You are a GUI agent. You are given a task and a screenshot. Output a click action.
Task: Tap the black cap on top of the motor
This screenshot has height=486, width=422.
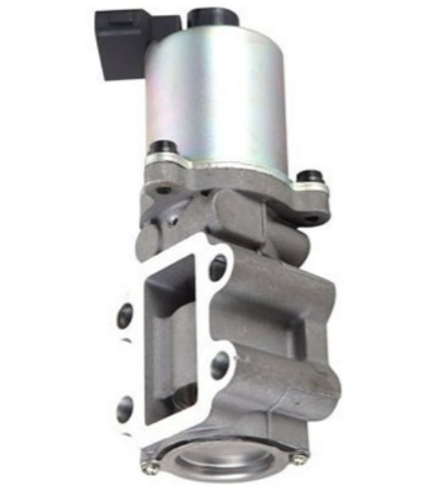click(x=208, y=16)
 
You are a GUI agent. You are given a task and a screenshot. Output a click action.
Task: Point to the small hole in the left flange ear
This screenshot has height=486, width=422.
click(x=163, y=189)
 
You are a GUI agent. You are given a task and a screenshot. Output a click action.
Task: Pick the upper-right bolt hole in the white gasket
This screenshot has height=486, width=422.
click(x=219, y=267)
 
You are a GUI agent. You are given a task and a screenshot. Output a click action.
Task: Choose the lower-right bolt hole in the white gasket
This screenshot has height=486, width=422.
click(x=220, y=364)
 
